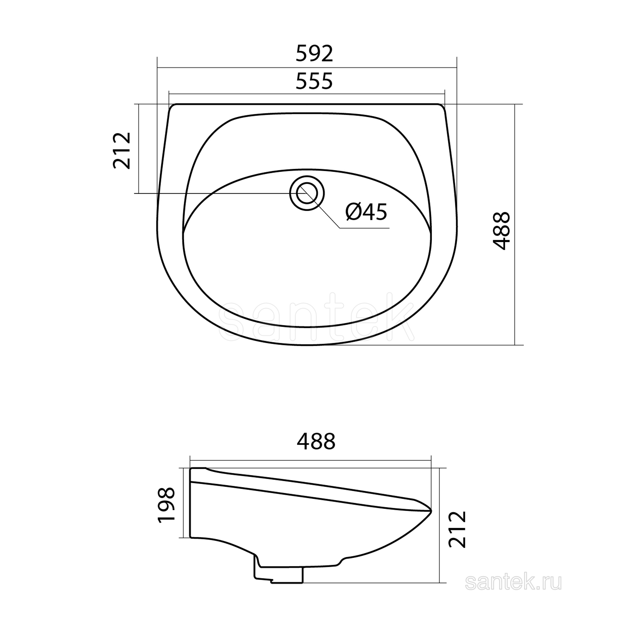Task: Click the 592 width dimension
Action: [314, 54]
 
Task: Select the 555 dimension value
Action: [314, 81]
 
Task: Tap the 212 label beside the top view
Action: [122, 151]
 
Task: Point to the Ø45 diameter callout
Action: [366, 212]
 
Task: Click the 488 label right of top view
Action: [502, 231]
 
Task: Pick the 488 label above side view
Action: [316, 442]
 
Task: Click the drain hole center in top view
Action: [307, 193]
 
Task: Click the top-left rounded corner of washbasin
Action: [172, 107]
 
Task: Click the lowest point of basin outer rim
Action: [307, 345]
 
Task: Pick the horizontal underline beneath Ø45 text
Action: [364, 228]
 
